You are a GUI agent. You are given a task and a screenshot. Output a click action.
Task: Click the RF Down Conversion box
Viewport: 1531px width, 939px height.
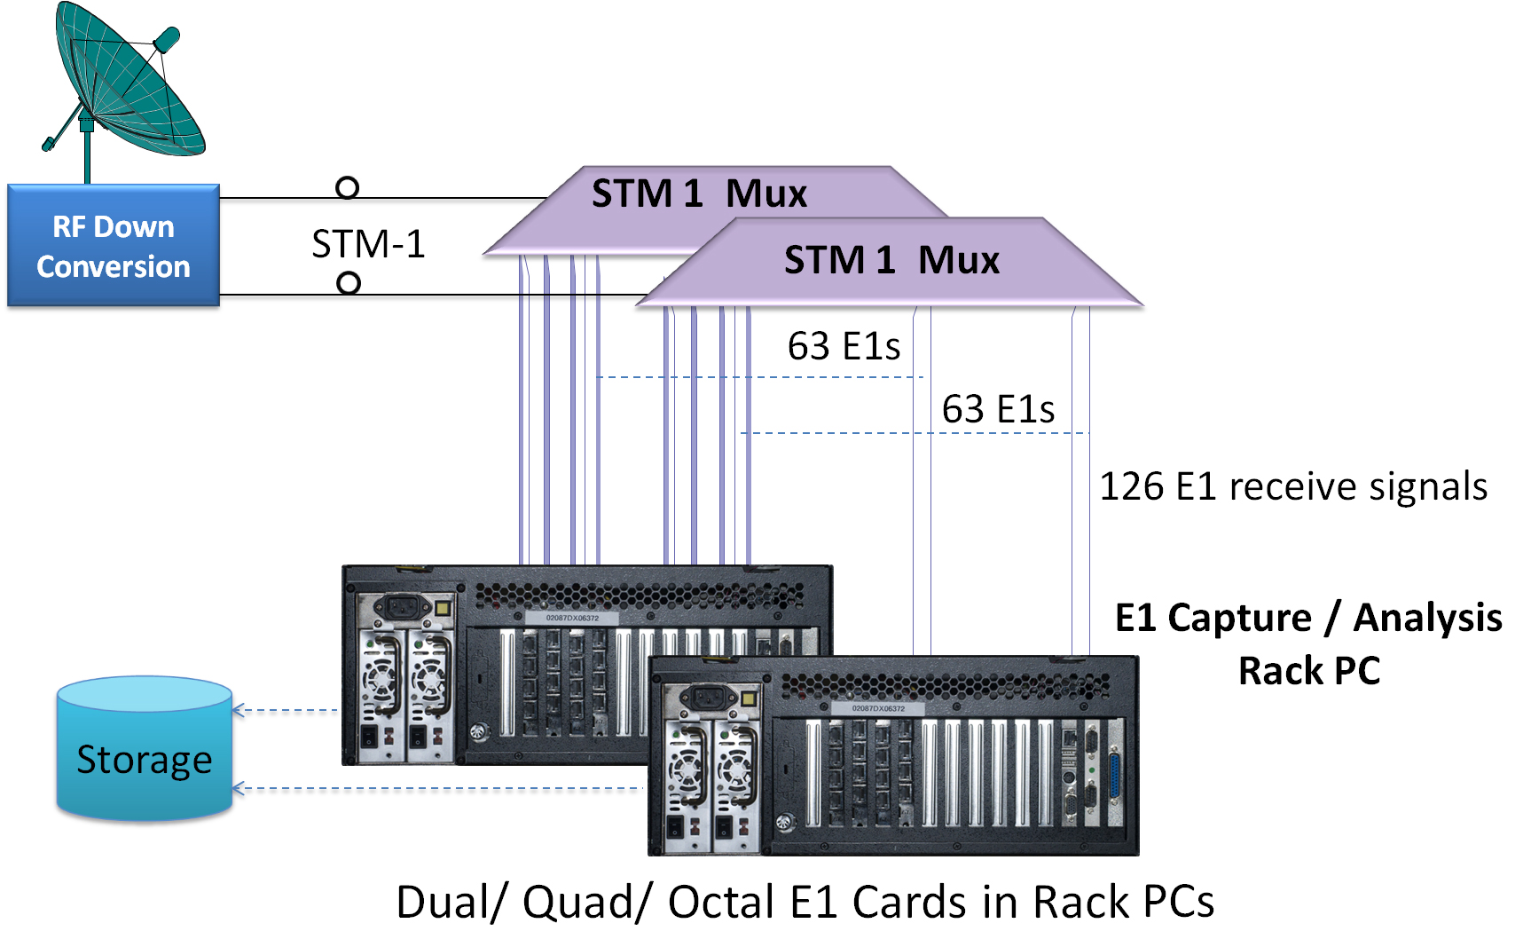tap(114, 246)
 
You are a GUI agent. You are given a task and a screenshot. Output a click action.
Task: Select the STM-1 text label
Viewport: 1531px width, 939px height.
tap(368, 244)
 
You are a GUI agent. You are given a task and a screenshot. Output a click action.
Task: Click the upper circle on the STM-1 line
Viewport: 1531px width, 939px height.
tap(348, 187)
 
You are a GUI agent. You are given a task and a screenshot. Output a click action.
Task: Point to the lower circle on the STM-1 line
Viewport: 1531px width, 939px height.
tap(349, 283)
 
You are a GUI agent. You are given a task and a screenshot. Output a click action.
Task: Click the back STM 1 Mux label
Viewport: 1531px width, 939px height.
tap(699, 193)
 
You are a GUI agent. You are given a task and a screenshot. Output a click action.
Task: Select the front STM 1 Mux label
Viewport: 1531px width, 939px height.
tap(891, 260)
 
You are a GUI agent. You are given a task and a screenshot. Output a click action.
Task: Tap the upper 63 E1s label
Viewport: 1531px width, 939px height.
tap(844, 346)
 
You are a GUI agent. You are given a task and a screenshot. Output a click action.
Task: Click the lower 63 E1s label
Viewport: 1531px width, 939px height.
tap(998, 409)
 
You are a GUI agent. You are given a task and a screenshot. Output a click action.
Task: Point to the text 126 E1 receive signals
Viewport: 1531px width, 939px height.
tap(1293, 486)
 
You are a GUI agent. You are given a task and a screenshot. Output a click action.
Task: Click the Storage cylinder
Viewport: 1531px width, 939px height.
tap(145, 750)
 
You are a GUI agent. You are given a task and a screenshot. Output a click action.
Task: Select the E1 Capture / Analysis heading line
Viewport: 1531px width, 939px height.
tap(1308, 618)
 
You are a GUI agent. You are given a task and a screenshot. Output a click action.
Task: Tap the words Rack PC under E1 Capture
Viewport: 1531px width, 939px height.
tap(1309, 671)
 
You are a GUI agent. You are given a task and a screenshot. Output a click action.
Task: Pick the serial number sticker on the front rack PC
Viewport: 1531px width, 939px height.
tap(878, 708)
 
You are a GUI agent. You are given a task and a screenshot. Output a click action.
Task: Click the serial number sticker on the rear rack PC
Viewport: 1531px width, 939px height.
tap(572, 617)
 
